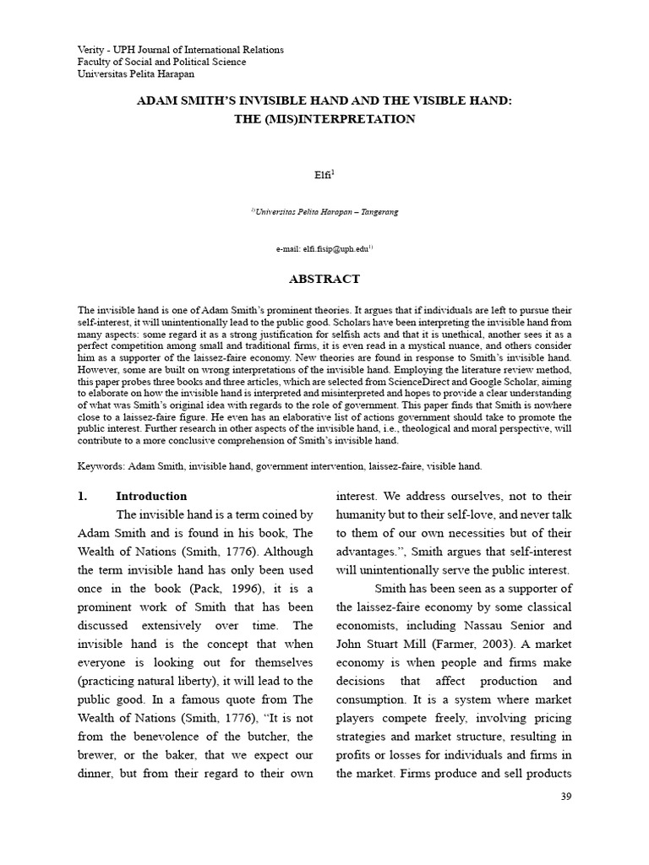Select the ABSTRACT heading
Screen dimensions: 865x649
tap(324, 279)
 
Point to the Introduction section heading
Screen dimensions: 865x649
tap(151, 496)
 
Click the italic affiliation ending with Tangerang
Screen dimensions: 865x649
tap(324, 212)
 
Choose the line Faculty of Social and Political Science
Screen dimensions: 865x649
tap(161, 62)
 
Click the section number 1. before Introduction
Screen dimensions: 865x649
tap(83, 496)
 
